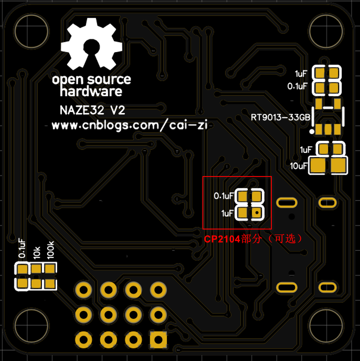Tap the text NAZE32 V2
point(92,111)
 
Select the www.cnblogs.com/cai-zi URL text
point(131,125)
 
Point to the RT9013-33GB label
point(280,117)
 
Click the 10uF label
point(298,166)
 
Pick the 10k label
point(37,252)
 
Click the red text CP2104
point(222,239)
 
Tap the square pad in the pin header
point(158,338)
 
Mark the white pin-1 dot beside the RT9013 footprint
point(312,132)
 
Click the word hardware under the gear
point(91,91)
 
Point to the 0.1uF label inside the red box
point(223,196)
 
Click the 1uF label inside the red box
point(227,213)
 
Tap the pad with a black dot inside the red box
point(256,213)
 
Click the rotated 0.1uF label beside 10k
point(22,248)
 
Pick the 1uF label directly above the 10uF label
point(305,150)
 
